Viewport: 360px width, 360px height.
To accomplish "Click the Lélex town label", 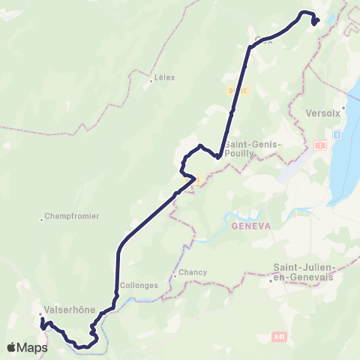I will pos(163,76).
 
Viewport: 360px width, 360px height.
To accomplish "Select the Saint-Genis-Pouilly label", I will pos(252,148).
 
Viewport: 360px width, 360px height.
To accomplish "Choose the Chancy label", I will pos(193,272).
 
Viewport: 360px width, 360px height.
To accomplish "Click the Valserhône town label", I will pos(67,307).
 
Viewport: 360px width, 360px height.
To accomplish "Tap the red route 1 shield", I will pos(320,144).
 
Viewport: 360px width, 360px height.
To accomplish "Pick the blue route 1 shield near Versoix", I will pos(337,134).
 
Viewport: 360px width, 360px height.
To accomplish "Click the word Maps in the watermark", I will pos(33,347).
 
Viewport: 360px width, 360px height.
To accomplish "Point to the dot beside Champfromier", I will pos(42,220).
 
